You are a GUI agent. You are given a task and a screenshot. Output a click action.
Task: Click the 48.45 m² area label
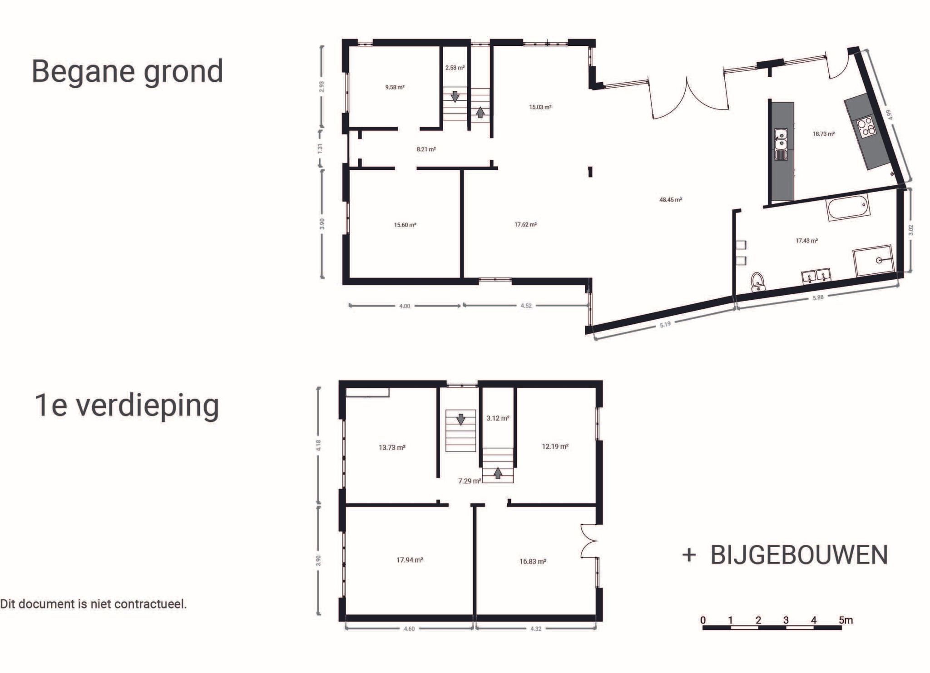(670, 199)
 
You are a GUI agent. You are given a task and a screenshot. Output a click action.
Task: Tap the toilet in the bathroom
(757, 282)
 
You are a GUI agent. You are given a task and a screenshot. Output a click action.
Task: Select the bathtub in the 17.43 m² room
(847, 208)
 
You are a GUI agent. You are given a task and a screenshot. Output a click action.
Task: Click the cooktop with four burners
(865, 126)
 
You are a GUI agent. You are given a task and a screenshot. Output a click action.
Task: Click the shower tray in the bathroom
(873, 261)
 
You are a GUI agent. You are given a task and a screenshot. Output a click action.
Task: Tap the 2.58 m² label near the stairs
(455, 68)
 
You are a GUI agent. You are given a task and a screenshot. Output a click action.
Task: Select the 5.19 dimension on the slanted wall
(665, 324)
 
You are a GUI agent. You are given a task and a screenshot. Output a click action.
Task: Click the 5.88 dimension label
(817, 297)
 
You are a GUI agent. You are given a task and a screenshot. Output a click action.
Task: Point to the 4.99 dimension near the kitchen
(890, 114)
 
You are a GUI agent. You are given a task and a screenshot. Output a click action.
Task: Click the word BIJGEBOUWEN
(799, 555)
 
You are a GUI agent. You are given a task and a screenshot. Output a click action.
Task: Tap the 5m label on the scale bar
(846, 620)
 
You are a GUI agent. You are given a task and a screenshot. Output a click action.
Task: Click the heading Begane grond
(127, 71)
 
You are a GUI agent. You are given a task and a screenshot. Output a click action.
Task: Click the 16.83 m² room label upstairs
(533, 561)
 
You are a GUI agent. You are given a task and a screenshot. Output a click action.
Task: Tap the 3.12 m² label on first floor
(498, 418)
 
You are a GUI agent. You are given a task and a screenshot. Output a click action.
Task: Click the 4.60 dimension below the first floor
(409, 629)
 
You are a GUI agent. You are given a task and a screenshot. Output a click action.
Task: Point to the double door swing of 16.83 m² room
(589, 541)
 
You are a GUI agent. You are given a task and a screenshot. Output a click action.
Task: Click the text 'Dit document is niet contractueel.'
(94, 604)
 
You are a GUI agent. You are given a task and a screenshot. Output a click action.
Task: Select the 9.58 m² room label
(395, 87)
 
